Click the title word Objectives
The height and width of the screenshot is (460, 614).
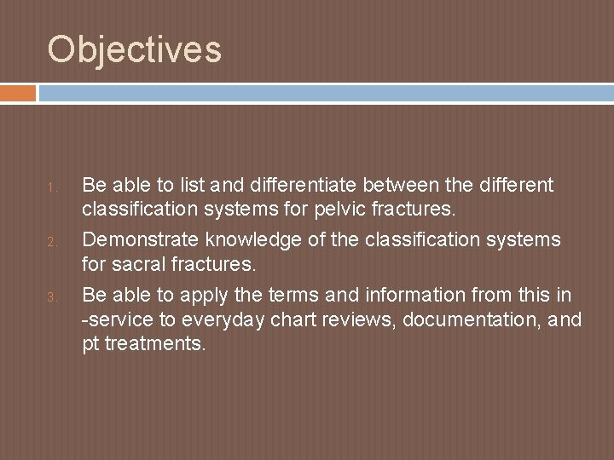pos(135,49)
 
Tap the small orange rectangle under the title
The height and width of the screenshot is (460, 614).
pos(18,93)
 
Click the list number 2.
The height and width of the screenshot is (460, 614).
pos(52,243)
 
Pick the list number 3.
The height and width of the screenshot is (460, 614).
pos(52,297)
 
